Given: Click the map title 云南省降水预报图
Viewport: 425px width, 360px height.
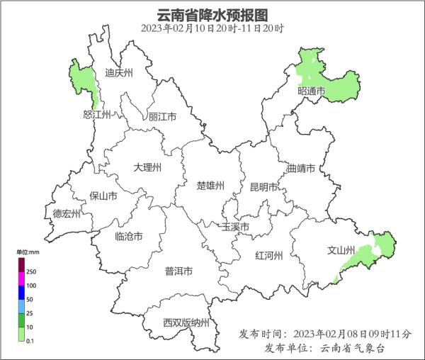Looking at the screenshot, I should [x=212, y=13].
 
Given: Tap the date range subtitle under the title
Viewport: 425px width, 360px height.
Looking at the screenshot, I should [x=212, y=28].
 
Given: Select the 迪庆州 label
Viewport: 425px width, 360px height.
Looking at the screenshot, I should [x=118, y=72].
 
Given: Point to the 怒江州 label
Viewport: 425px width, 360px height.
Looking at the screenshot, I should [x=97, y=115].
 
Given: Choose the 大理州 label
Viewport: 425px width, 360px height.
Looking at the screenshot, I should [x=147, y=167].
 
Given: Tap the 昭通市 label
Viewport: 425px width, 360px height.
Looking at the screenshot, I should [x=311, y=91].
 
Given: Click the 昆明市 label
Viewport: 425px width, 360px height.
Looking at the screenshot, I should [x=263, y=187].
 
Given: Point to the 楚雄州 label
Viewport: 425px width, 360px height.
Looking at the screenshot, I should [x=210, y=186].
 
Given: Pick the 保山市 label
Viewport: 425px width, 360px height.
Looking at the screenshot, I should [x=103, y=196].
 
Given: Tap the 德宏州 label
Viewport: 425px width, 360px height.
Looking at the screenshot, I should [x=67, y=213].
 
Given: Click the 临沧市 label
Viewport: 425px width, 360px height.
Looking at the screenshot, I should [x=128, y=236].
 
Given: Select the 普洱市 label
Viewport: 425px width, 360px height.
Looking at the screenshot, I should [x=178, y=271].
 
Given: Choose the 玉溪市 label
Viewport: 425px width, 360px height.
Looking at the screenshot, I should [x=236, y=227].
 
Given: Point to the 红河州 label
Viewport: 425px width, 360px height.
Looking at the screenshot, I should [x=268, y=256].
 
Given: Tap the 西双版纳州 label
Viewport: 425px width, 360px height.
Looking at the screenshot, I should [x=186, y=323].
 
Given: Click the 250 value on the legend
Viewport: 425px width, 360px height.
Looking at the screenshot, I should [x=31, y=271].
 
